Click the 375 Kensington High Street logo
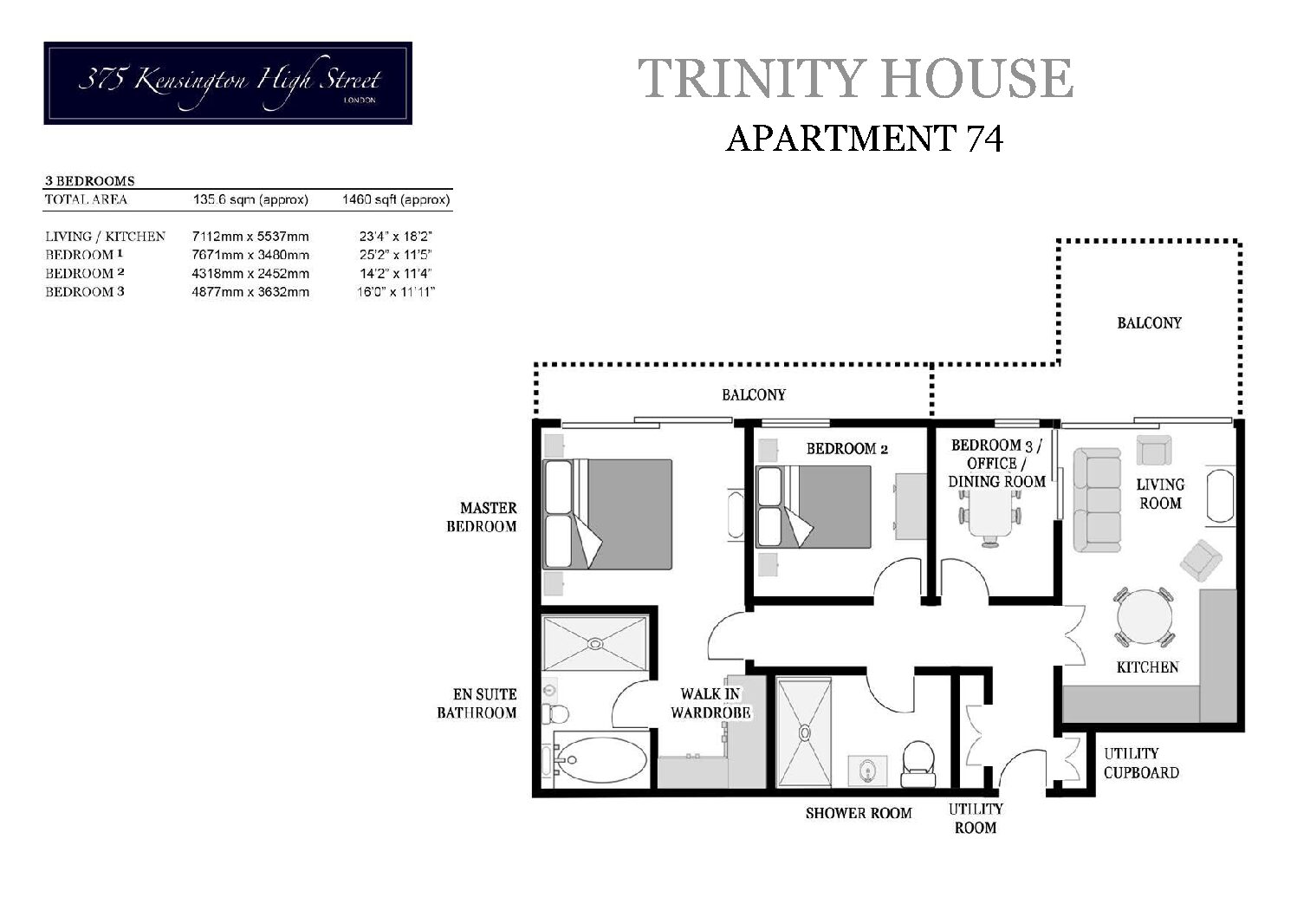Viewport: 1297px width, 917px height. pos(228,83)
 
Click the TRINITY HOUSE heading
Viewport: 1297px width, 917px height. pos(855,78)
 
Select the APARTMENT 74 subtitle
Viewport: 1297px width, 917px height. pos(864,138)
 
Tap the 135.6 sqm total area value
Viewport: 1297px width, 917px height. pos(250,199)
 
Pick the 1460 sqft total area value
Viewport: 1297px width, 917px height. pos(396,199)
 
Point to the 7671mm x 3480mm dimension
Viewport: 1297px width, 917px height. pos(250,255)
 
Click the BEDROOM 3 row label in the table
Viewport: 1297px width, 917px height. pos(85,292)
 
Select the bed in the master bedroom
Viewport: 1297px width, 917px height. pos(606,514)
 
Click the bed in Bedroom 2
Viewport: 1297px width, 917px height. pos(814,506)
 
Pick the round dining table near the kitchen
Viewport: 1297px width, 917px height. pos(1145,617)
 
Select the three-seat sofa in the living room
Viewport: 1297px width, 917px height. pos(1097,500)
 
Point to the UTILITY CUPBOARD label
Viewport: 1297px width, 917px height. pos(1140,763)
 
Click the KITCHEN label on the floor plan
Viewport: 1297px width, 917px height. pos(1146,667)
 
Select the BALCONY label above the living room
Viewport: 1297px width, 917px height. pos(1149,322)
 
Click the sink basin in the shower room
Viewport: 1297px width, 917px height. pos(867,768)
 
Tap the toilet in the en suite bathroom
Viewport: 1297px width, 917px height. pos(554,714)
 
